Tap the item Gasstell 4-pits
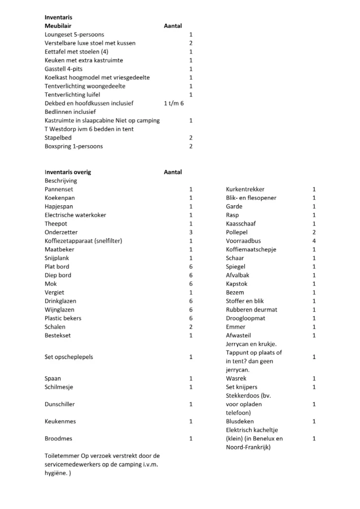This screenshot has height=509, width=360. (64, 69)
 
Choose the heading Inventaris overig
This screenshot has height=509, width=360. (68, 172)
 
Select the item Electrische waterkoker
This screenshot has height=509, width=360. (75, 215)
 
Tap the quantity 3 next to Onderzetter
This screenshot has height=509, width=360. (191, 232)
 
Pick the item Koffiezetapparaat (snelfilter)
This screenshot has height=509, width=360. (84, 241)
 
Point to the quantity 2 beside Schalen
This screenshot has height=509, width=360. (191, 327)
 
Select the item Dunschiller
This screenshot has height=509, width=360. (60, 404)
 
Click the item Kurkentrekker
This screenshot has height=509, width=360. (245, 189)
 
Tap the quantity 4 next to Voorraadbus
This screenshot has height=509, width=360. (314, 241)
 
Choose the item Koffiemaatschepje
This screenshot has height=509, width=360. (251, 250)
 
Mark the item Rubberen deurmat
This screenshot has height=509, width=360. (252, 310)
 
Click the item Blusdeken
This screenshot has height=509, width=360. (240, 422)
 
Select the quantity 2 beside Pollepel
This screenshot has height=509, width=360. (314, 232)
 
